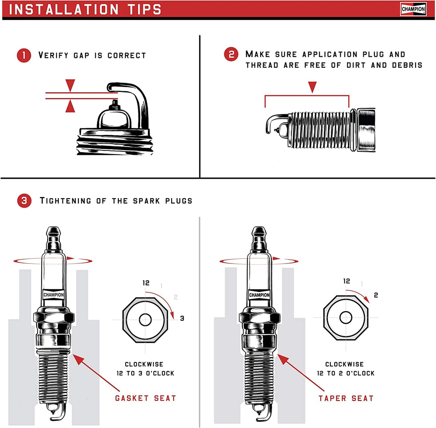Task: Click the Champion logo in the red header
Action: coord(413,9)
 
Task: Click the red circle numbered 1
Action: coord(24,55)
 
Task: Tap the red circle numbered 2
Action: coord(231,55)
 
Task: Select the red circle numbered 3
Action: coord(24,201)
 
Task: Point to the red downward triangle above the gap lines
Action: coord(70,84)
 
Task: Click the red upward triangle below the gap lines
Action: coord(70,106)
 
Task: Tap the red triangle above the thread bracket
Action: coord(313,87)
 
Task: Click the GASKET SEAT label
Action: coord(146,398)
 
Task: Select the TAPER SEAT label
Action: coord(346,398)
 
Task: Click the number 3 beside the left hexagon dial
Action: coord(182,318)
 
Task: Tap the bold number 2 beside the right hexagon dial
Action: coord(376,295)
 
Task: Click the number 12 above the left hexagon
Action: coord(147,282)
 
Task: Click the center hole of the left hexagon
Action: coord(145,320)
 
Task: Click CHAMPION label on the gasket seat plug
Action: coord(54,295)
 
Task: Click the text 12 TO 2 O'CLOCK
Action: coord(345,373)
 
